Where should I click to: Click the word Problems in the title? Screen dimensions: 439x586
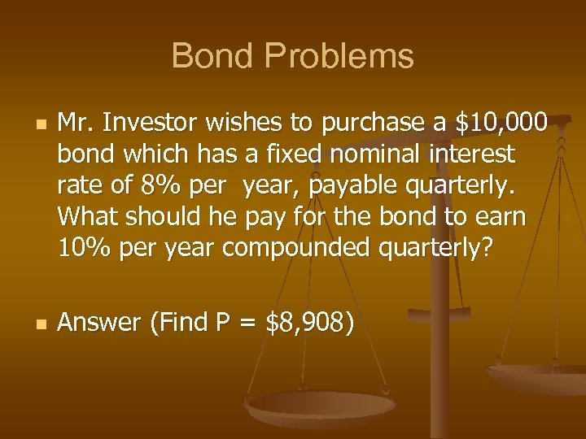click(x=340, y=57)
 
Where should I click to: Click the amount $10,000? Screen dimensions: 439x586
click(x=502, y=123)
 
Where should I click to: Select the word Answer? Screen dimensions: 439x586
click(x=100, y=323)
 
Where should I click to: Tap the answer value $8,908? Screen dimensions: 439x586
click(x=306, y=323)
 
